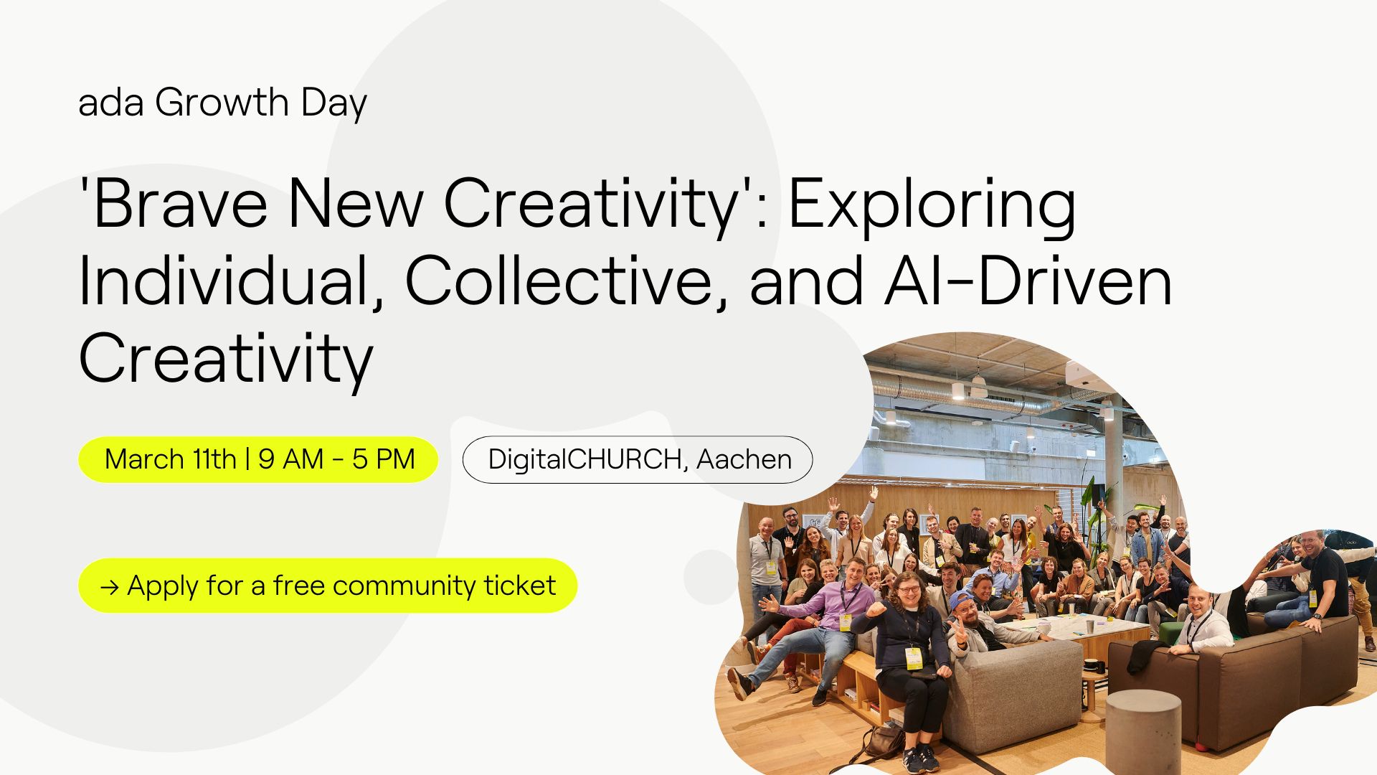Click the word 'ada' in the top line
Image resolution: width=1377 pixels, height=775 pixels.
tap(110, 103)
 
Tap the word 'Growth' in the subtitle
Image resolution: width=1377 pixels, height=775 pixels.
tap(222, 102)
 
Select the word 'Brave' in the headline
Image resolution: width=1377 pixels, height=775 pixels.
tap(180, 204)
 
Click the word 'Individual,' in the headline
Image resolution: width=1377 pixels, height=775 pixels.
tap(230, 281)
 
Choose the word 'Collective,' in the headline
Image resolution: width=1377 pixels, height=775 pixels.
tap(566, 281)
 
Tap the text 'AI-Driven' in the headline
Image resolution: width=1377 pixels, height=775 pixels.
tap(1028, 281)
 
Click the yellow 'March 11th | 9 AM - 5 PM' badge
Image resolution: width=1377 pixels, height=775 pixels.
tap(258, 459)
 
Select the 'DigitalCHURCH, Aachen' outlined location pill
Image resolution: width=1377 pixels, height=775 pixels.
tap(638, 459)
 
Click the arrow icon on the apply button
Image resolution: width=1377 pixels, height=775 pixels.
tap(110, 588)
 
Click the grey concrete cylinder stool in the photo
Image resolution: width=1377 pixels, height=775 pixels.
tap(1143, 732)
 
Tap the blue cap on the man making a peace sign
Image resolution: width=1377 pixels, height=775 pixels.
tap(962, 599)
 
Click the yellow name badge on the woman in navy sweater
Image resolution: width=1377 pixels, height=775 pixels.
tap(913, 658)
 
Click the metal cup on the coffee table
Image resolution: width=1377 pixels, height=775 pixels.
tap(1090, 626)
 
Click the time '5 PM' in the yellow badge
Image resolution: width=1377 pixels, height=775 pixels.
tap(384, 459)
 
